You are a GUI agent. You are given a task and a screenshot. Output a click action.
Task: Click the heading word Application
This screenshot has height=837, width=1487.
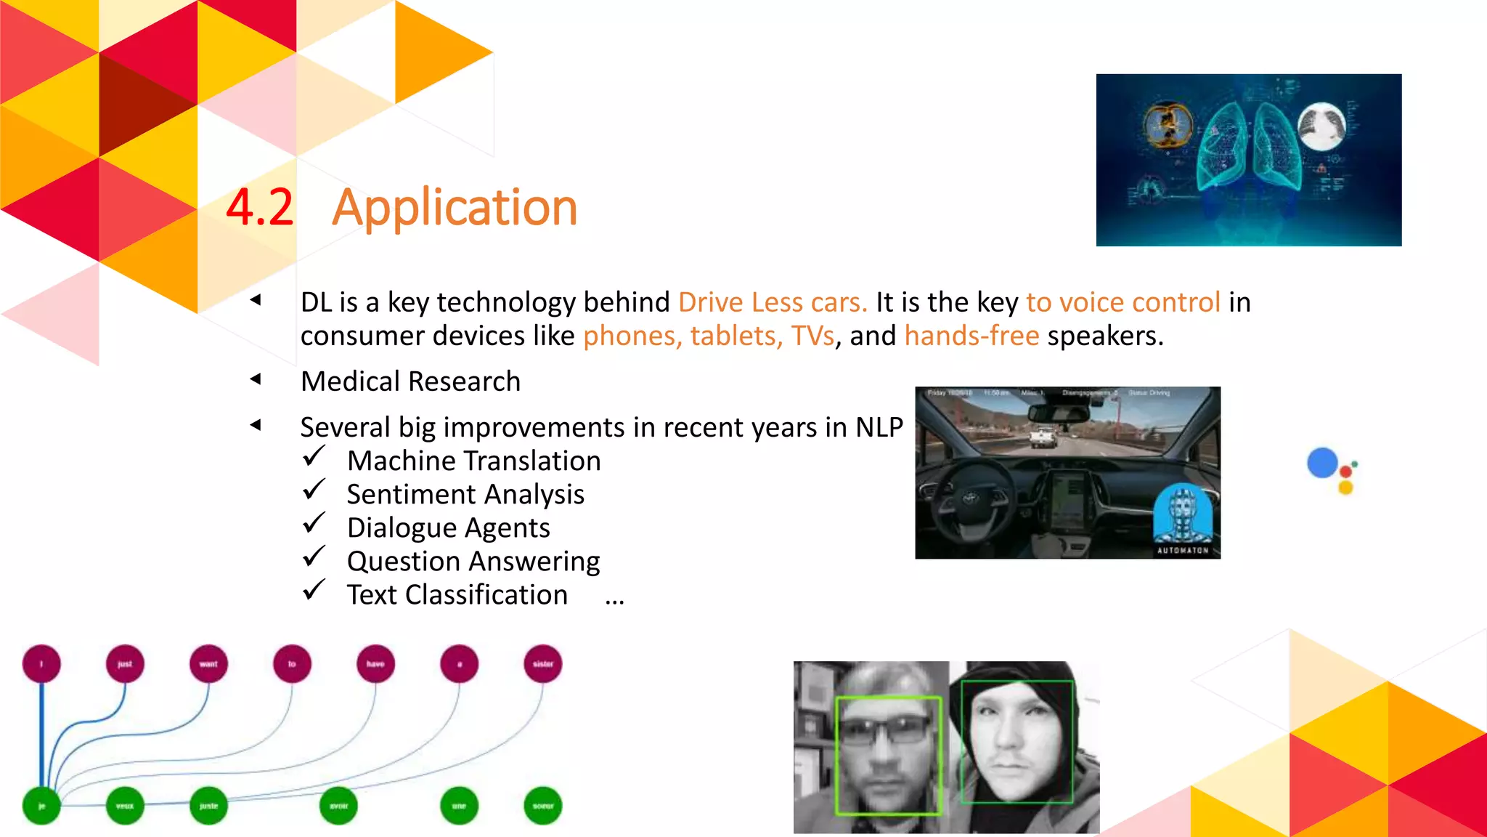tap(455, 209)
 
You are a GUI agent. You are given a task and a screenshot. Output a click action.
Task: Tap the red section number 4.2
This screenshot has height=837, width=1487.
tap(259, 209)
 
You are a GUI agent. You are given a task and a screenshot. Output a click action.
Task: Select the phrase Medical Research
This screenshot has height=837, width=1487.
tap(410, 381)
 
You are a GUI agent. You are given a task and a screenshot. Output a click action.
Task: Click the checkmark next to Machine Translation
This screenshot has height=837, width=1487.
tap(314, 457)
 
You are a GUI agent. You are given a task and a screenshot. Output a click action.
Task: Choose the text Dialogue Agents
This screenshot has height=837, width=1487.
tap(448, 528)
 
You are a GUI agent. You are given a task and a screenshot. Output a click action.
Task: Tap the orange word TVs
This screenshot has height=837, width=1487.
tap(812, 336)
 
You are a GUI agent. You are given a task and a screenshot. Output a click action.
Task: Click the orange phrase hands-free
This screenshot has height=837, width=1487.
tap(971, 336)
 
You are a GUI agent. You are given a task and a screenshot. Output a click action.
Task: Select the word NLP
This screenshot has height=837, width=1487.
tap(879, 427)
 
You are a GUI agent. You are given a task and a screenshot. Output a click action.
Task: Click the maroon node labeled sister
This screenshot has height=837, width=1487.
tap(542, 664)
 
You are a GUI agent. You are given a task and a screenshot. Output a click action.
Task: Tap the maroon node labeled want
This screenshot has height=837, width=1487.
tap(208, 664)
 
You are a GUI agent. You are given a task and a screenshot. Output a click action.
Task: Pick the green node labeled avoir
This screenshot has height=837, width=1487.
tap(338, 806)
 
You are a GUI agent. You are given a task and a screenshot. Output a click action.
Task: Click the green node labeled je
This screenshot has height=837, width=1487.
tap(41, 806)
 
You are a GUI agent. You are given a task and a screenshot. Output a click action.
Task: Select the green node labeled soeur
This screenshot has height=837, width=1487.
tap(542, 806)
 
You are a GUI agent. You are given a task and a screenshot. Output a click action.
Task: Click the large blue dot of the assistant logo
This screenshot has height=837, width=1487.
tap(1322, 464)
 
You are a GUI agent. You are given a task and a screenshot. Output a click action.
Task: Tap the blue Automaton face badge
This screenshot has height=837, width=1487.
tap(1183, 516)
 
